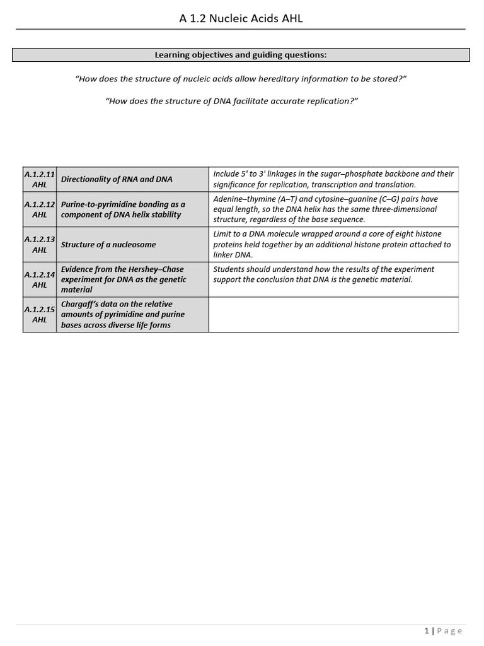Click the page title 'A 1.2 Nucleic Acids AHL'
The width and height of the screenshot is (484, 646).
(x=241, y=19)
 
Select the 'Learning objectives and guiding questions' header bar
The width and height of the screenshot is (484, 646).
(x=241, y=55)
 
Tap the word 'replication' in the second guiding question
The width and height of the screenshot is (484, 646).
(x=330, y=100)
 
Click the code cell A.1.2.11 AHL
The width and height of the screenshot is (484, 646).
(x=39, y=179)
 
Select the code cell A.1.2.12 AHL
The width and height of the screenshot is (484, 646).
(x=39, y=209)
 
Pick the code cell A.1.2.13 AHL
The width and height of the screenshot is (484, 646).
(x=39, y=245)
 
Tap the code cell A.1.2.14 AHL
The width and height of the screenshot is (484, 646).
(x=39, y=279)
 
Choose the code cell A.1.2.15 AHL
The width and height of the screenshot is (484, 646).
(x=39, y=315)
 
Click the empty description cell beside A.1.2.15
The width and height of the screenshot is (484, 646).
(x=333, y=315)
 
